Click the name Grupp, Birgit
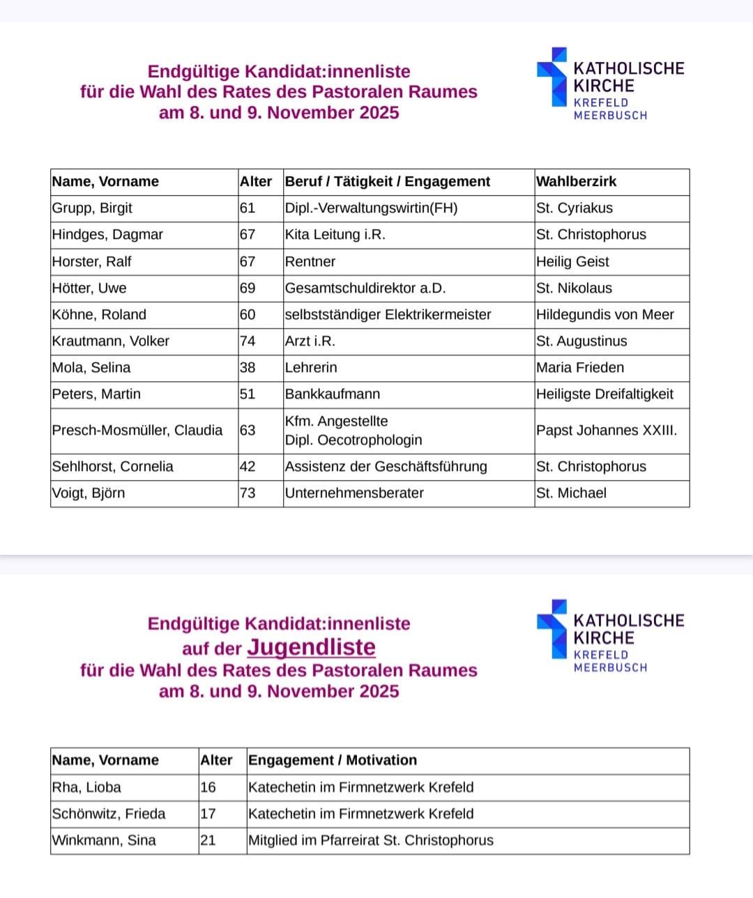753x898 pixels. tap(92, 208)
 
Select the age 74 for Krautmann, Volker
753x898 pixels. tap(248, 341)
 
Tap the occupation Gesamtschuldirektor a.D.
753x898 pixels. tap(365, 288)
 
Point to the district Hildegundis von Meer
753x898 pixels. tap(604, 315)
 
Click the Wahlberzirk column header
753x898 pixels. tap(576, 182)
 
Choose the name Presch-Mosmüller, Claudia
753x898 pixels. tap(137, 431)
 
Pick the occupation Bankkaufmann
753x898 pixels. tap(333, 394)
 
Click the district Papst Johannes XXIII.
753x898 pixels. tap(606, 431)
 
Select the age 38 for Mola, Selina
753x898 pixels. tap(248, 368)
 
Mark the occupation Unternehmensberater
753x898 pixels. tap(354, 493)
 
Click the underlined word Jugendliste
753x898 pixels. tap(311, 647)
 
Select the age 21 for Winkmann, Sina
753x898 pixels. tap(208, 840)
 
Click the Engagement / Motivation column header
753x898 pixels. tap(333, 760)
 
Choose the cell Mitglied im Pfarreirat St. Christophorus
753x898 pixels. tap(370, 840)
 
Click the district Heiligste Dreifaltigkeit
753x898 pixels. tap(604, 394)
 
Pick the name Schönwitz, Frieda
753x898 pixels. tap(109, 814)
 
